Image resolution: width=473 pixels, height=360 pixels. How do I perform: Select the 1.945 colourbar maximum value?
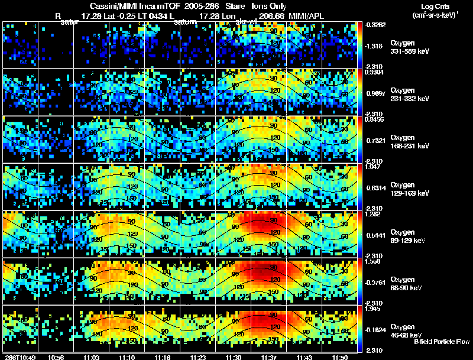coord(372,309)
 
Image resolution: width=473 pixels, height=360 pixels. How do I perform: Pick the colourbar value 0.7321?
coord(374,140)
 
